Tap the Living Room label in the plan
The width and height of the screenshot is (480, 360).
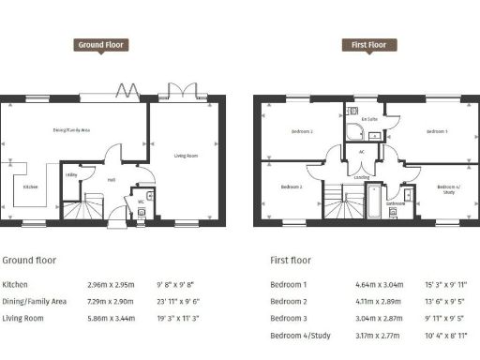pyautogui.click(x=187, y=156)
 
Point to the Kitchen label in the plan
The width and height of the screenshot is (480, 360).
pyautogui.click(x=31, y=187)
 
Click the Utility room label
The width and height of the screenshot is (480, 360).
pyautogui.click(x=71, y=175)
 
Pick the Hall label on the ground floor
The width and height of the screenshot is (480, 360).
pyautogui.click(x=111, y=180)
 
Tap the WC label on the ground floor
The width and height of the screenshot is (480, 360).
pyautogui.click(x=140, y=201)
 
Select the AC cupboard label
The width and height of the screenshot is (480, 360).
pyautogui.click(x=361, y=151)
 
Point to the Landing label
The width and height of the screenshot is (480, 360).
pyautogui.click(x=361, y=175)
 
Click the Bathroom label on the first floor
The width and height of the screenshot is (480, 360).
pyautogui.click(x=397, y=202)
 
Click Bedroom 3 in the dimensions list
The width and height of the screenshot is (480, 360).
pyautogui.click(x=289, y=319)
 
